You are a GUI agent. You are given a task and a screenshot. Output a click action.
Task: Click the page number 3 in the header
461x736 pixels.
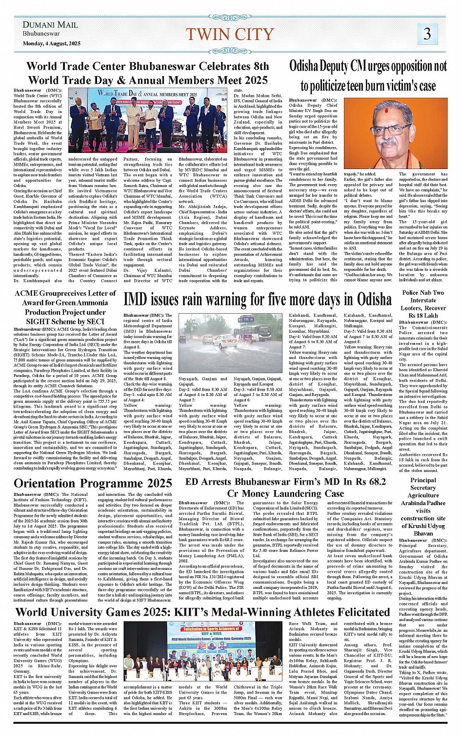427,34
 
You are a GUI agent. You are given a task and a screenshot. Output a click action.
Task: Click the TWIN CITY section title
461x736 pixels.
230,34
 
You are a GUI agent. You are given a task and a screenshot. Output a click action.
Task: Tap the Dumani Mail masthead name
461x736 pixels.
50,25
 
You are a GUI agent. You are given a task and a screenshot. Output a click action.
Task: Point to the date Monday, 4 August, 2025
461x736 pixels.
51,43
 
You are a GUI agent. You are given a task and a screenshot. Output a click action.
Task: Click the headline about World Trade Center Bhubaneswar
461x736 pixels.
147,73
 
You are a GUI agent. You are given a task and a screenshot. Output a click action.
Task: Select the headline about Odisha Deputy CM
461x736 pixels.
368,75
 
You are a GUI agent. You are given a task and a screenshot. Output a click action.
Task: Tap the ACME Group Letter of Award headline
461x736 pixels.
65,307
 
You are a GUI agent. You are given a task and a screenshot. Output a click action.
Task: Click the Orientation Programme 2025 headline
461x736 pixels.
93,483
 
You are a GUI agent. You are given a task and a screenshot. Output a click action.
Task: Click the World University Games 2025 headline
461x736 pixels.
202,612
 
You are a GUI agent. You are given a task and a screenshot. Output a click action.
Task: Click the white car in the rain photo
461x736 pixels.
225,341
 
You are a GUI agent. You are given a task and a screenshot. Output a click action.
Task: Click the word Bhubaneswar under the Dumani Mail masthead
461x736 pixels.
41,34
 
